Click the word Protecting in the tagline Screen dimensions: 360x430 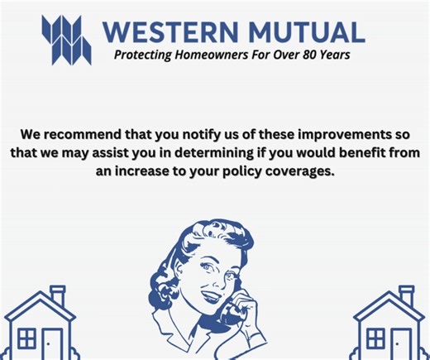click(x=141, y=56)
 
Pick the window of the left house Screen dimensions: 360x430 click(x=27, y=339)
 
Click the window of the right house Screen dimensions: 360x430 click(x=376, y=339)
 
